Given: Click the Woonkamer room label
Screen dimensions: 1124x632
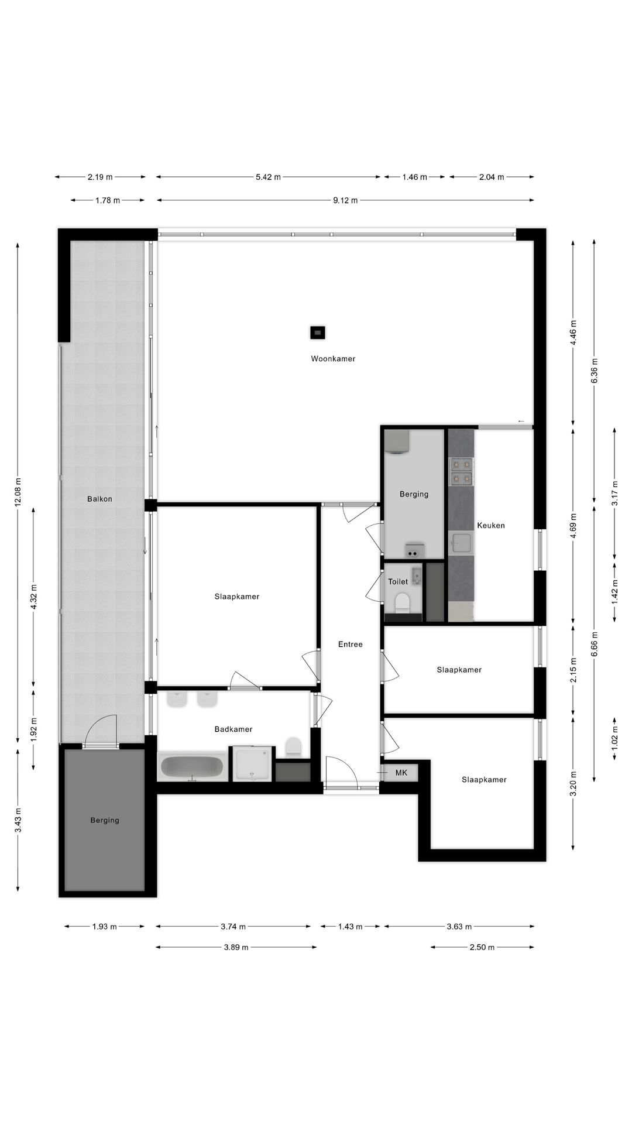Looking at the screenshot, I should click(333, 359).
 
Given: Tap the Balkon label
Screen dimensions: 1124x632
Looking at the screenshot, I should click(99, 499).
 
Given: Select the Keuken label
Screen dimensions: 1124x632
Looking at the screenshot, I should click(490, 525).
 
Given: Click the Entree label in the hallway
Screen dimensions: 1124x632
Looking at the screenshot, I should click(350, 644).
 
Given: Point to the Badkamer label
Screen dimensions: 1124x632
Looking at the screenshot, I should click(233, 729).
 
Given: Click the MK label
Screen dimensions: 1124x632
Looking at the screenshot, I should click(401, 773).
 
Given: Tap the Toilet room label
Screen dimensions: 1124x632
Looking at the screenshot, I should click(398, 581).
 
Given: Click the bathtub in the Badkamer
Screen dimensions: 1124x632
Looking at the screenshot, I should click(193, 766).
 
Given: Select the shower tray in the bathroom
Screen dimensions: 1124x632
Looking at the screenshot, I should click(252, 764).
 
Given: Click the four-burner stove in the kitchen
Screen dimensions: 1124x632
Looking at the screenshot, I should click(461, 472).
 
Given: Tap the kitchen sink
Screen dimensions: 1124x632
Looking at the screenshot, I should click(461, 543).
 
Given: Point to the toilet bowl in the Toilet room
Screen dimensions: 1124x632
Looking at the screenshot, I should click(403, 602).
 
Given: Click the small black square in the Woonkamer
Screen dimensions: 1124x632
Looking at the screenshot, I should click(317, 333).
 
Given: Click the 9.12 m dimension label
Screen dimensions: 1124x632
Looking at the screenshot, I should click(345, 200).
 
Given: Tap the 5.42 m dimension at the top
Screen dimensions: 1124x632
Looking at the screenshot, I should click(268, 177).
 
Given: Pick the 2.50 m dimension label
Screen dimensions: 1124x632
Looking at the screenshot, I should click(482, 947).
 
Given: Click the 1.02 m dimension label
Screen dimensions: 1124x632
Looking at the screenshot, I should click(614, 738).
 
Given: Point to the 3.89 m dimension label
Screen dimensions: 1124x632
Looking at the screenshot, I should click(236, 947).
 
